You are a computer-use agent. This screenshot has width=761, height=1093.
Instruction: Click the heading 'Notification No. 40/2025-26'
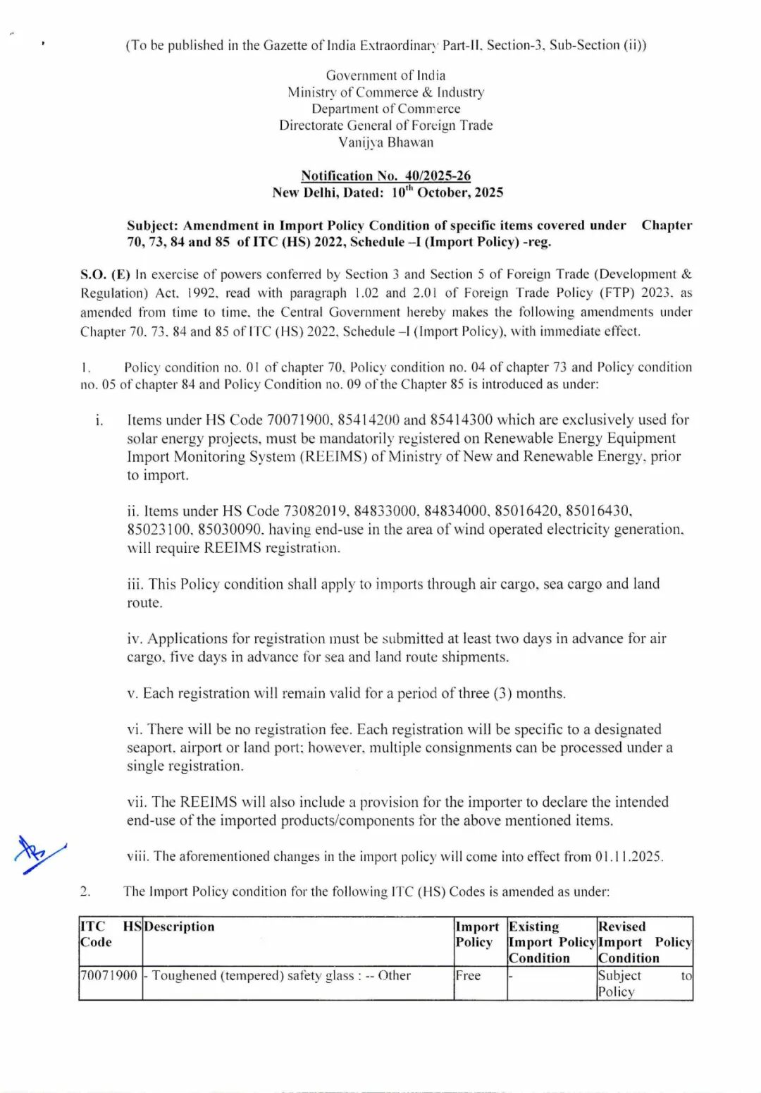tap(385, 176)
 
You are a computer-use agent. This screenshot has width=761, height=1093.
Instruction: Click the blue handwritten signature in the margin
tap(39, 853)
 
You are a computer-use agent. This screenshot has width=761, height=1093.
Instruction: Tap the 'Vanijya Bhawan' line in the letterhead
tap(385, 142)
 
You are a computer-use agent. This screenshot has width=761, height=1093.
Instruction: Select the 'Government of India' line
tap(385, 75)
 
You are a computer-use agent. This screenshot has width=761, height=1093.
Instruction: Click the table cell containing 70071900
tap(109, 975)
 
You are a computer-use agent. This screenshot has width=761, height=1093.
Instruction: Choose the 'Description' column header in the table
tap(179, 927)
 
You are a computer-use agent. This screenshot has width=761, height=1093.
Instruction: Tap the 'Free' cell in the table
tap(468, 975)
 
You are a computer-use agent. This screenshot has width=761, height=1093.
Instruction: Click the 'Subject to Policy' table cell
tap(644, 983)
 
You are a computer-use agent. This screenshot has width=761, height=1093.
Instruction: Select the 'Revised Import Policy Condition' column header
tap(644, 941)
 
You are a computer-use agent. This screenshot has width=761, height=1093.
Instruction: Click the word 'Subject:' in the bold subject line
tap(152, 226)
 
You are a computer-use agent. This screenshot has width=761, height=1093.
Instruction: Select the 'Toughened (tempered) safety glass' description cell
tap(280, 975)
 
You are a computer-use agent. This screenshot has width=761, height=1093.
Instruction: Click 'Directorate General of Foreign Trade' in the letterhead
tap(385, 125)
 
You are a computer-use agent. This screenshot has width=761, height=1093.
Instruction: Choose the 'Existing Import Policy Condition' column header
tap(552, 941)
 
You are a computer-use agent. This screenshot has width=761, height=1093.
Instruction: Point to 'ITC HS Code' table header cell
tap(110, 934)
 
